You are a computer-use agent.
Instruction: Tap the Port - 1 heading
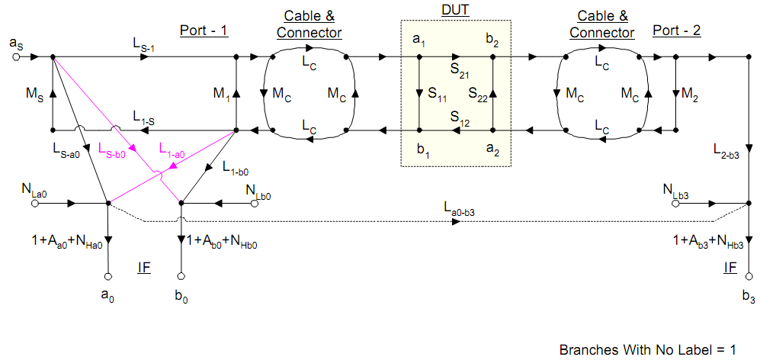pyautogui.click(x=204, y=31)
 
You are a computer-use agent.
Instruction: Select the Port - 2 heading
pyautogui.click(x=677, y=31)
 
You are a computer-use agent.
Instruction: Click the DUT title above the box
pyautogui.click(x=456, y=9)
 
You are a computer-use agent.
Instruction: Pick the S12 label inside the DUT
pyautogui.click(x=460, y=117)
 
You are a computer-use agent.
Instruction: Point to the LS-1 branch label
pyautogui.click(x=144, y=47)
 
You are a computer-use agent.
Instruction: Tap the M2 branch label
pyautogui.click(x=689, y=94)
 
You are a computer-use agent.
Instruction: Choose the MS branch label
pyautogui.click(x=34, y=94)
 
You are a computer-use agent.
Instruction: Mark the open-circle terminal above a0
pyautogui.click(x=108, y=275)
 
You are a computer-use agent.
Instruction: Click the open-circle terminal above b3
pyautogui.click(x=749, y=275)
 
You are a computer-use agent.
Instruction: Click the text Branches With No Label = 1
pyautogui.click(x=648, y=350)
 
